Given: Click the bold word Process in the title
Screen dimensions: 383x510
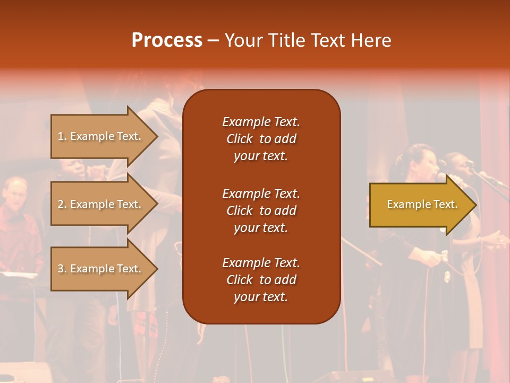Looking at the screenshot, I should coord(167,40).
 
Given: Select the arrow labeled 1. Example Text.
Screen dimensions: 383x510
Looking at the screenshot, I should coord(101,136).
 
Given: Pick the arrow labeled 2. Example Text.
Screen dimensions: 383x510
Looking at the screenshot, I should coord(101,204).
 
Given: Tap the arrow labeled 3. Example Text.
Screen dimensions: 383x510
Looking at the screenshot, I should coord(101,269).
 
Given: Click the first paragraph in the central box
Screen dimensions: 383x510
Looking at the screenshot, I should coord(261,139).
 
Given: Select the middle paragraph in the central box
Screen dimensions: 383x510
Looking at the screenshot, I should coord(261,211).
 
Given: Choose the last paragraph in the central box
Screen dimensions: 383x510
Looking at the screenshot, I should coord(261,280).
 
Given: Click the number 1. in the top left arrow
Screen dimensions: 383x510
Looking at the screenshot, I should coord(62,136).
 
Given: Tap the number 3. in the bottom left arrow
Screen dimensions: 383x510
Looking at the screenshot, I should coord(62,269).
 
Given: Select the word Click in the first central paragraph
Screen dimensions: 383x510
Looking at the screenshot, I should coord(240,139).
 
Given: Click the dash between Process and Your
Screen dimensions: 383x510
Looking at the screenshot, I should coord(213,40).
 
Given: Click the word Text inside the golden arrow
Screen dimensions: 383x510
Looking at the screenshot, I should coord(445,204).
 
